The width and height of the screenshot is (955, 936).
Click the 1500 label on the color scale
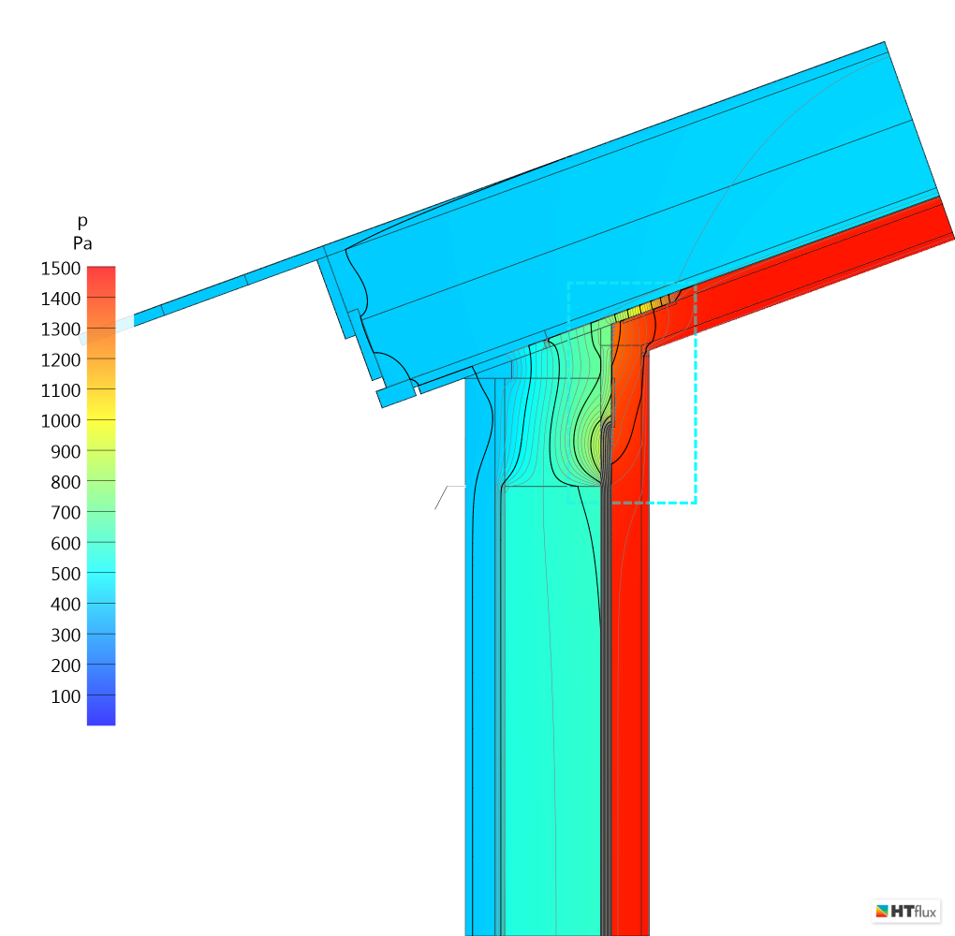tap(60, 269)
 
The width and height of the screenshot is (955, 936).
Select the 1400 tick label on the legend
tap(60, 299)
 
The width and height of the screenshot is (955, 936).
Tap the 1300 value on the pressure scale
tap(60, 329)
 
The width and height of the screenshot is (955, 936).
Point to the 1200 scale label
tap(60, 360)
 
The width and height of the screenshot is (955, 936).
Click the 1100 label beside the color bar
tap(60, 390)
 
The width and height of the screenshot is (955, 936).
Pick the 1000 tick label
tap(60, 421)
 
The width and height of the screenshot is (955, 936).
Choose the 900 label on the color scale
tap(66, 452)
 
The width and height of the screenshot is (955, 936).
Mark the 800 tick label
tap(66, 482)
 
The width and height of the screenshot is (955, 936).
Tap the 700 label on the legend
tap(66, 513)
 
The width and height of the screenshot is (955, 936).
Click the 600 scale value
tap(66, 543)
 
